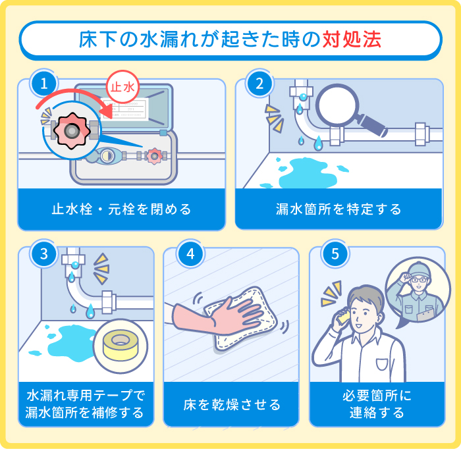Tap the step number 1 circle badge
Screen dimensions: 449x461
pos(44,84)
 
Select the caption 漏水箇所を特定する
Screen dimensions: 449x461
pos(339,209)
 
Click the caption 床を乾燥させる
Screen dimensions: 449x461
pos(231,404)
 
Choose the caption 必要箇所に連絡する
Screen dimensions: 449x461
pos(376,404)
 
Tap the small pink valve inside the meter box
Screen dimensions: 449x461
pos(154,156)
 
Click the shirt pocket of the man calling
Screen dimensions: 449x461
pos(383,364)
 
